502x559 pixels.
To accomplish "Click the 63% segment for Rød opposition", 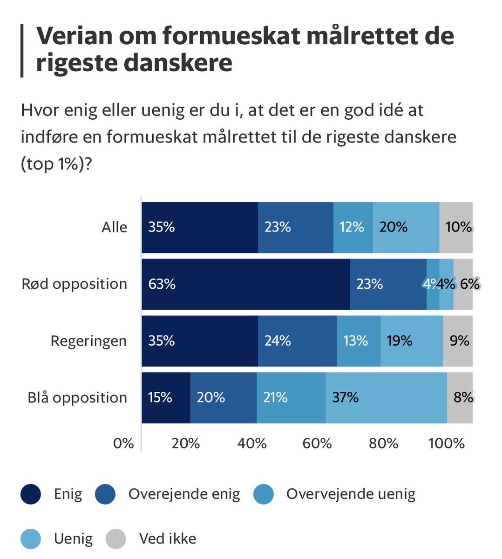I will tap(245, 284).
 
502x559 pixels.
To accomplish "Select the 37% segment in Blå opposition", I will tap(386, 397).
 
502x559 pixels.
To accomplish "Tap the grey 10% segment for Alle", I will tap(456, 227).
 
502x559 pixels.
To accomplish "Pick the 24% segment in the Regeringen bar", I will tap(297, 341).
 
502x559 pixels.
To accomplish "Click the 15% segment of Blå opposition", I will tap(166, 397).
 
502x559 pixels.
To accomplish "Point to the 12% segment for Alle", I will tap(353, 227).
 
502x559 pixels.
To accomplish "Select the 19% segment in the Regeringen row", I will tap(412, 341).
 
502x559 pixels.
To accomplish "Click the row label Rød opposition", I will tap(75, 284).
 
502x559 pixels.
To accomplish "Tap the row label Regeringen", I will tap(88, 341).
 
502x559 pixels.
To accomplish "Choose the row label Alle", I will tap(115, 227).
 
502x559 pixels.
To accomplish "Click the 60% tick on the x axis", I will tap(317, 443).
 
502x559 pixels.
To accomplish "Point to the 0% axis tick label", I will tap(123, 443).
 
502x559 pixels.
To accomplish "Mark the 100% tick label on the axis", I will tap(447, 443).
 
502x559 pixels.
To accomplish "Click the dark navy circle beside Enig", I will tap(31, 494).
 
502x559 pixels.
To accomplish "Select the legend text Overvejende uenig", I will tap(351, 494).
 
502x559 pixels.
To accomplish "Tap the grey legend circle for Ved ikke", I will tap(116, 539).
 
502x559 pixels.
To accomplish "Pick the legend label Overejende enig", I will tap(184, 494).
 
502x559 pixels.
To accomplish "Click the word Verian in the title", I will tap(74, 36).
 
